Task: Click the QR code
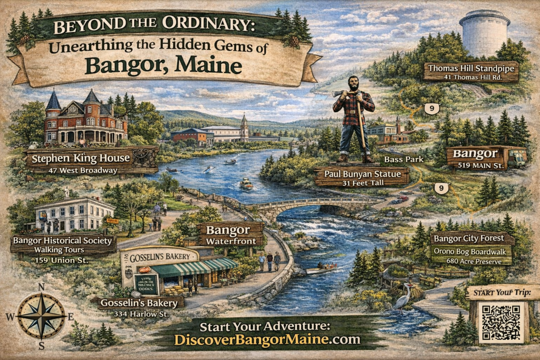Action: [501, 322]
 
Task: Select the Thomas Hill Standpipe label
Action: [471, 71]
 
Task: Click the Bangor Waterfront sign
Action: [230, 235]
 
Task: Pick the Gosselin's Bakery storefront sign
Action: [160, 257]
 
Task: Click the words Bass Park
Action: [401, 159]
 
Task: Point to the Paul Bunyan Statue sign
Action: [362, 177]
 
